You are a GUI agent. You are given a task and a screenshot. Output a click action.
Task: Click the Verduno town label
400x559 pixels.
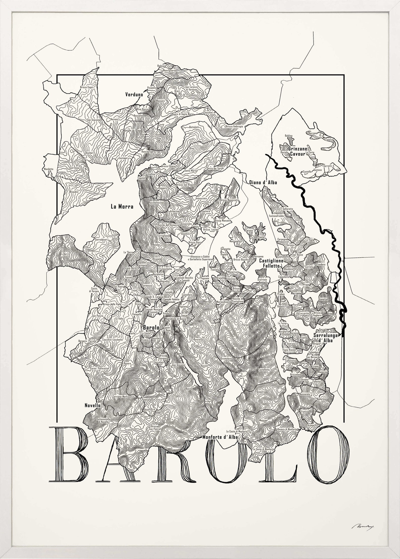coord(134,95)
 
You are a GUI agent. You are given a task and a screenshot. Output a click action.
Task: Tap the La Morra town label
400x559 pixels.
coord(122,207)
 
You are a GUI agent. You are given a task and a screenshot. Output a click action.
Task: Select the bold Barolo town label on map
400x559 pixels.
coord(151,328)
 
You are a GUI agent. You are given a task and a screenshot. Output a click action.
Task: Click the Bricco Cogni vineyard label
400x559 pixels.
coord(87,87)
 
